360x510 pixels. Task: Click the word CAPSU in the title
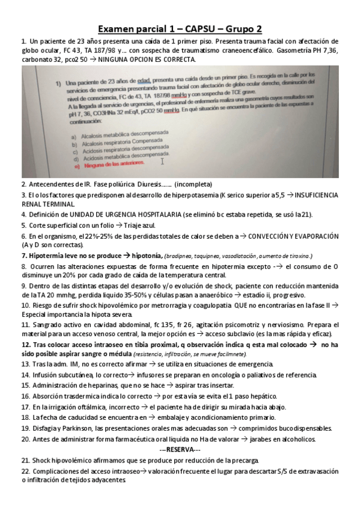tap(199, 29)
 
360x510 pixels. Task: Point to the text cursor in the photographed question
tap(162, 160)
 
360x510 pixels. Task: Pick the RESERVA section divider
tap(180, 449)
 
